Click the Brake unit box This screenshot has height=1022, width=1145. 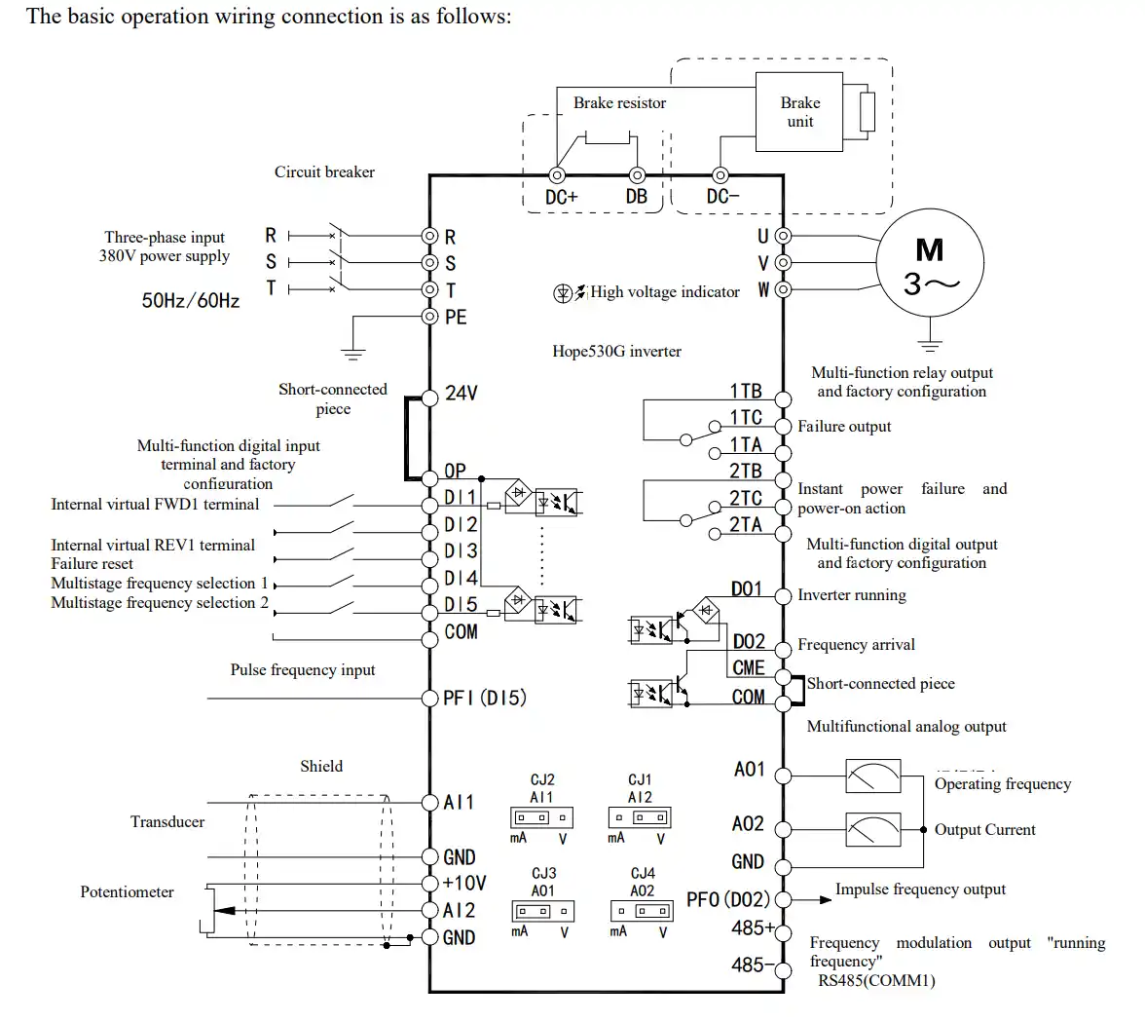[x=799, y=113]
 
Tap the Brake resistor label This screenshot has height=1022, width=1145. [x=619, y=103]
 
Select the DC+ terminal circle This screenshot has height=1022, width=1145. [x=558, y=175]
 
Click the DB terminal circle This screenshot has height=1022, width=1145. [x=637, y=175]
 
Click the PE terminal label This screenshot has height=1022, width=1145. [x=456, y=317]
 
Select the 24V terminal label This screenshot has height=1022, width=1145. [x=461, y=394]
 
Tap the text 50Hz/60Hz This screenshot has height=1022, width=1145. [x=191, y=300]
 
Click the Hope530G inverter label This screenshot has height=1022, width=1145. [x=616, y=351]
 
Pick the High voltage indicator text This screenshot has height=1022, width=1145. [x=665, y=291]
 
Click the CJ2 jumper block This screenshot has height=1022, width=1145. [x=541, y=816]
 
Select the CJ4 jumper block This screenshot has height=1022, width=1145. [x=642, y=911]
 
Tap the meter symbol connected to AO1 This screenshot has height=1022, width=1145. [x=872, y=776]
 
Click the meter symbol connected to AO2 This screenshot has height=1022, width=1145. [x=872, y=830]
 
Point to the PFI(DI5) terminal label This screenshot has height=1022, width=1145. [x=484, y=698]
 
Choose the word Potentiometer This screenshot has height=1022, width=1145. [x=127, y=891]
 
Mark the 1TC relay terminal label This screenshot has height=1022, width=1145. [x=746, y=418]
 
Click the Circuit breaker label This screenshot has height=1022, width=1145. [x=324, y=172]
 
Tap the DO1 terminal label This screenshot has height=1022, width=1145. [x=747, y=588]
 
